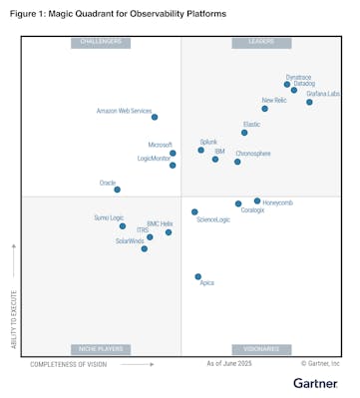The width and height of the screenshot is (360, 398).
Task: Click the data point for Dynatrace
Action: (x=287, y=85)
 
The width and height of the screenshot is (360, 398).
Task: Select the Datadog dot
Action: (x=294, y=91)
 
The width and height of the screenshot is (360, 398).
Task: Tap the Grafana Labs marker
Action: (x=309, y=102)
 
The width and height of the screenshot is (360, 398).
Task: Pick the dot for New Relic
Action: (x=264, y=109)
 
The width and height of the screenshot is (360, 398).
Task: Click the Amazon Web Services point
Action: (x=154, y=118)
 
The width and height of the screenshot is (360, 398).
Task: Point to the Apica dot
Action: (x=197, y=276)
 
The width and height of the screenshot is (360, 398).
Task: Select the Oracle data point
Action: (x=117, y=190)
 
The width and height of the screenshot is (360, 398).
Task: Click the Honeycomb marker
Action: (x=256, y=200)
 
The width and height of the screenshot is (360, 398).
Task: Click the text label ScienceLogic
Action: (x=213, y=219)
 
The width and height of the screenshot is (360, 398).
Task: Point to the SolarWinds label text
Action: (x=130, y=240)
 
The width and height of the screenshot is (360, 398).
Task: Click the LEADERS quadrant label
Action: (x=260, y=42)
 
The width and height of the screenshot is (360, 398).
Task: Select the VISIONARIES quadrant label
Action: (x=260, y=349)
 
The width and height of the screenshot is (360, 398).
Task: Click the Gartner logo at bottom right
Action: (x=316, y=383)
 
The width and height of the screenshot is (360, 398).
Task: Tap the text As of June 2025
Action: (x=228, y=365)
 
